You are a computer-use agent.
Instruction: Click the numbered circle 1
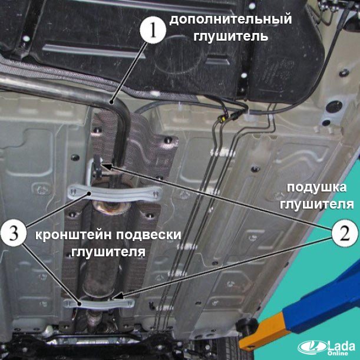[x=153, y=30]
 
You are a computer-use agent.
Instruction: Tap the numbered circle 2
[x=345, y=233]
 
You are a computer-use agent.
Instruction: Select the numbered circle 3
[x=14, y=233]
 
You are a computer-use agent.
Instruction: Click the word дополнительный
[x=230, y=19]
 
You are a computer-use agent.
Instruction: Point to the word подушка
[x=317, y=187]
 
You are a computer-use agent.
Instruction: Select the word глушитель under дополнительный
[x=231, y=37]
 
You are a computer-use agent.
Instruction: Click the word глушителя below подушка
[x=316, y=204]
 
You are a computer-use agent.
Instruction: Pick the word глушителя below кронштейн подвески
[x=108, y=252]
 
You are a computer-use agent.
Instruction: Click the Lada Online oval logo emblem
[x=312, y=347]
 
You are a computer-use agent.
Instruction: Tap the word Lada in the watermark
[x=341, y=345]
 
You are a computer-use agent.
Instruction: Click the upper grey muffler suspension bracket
[x=115, y=193]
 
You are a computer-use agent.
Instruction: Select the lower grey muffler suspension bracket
[x=99, y=303]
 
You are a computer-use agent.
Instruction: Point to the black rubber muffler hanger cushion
[x=97, y=166]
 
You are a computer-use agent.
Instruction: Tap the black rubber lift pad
[x=247, y=326]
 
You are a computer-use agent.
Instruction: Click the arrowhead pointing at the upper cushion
[x=107, y=166]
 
